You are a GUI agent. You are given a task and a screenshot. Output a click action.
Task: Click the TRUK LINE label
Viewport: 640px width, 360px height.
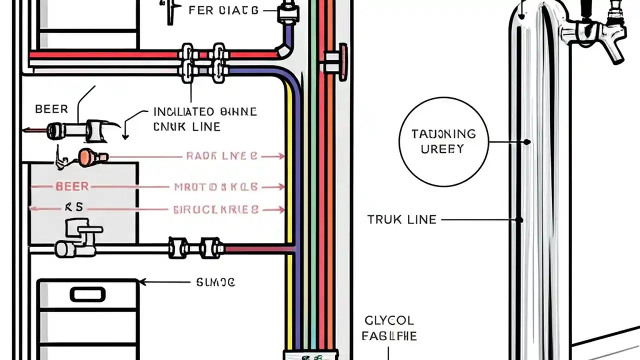tap(402, 219)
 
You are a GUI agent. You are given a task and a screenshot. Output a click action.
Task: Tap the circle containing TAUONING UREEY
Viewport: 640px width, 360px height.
tap(443, 141)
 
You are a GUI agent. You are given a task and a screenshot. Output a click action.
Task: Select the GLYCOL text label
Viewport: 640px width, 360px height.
tap(389, 320)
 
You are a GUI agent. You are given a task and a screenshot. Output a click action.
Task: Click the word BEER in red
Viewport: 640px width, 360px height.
tap(72, 186)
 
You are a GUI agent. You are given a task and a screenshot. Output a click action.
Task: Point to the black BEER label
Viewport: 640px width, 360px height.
tap(51, 109)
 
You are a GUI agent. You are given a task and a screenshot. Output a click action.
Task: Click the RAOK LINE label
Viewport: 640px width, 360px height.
tap(221, 156)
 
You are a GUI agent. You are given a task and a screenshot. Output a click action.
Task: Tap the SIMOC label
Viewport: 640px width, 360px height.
tap(215, 282)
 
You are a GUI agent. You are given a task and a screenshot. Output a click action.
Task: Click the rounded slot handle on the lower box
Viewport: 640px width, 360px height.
tap(87, 294)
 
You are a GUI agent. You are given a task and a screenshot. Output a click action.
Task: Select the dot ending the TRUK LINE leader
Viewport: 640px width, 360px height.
tap(520, 219)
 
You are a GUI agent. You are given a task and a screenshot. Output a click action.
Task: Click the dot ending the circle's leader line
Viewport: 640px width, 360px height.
tap(527, 142)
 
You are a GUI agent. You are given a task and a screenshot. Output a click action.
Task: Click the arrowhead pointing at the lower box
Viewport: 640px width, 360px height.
tap(142, 282)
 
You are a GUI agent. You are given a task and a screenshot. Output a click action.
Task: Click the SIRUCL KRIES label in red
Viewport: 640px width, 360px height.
tap(216, 210)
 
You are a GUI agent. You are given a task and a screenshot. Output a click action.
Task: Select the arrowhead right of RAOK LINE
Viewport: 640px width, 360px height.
tap(280, 156)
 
